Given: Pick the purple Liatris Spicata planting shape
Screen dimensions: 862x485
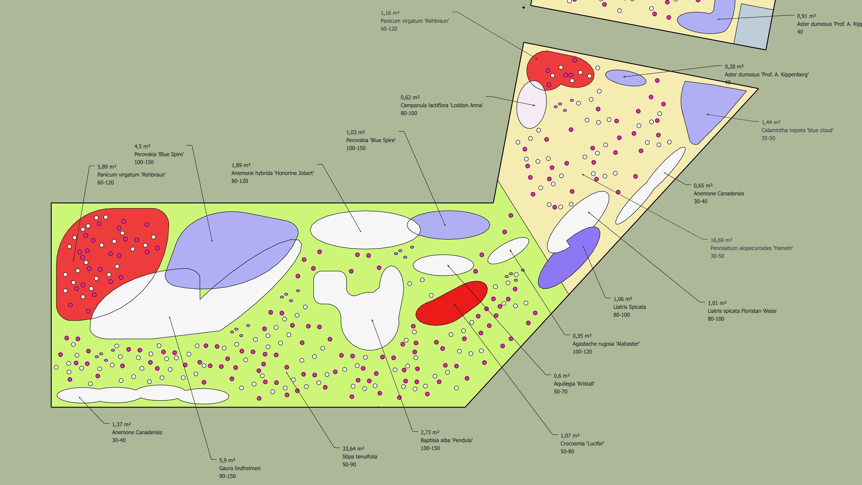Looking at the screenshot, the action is point(569,257).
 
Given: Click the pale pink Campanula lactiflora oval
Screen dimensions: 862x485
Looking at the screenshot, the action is point(531,104).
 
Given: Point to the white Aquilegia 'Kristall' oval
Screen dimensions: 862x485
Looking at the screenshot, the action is point(443,265).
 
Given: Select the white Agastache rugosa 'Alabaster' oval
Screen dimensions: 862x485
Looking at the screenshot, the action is point(508,251).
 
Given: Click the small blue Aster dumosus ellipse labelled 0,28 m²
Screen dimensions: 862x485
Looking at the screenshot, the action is point(625,78).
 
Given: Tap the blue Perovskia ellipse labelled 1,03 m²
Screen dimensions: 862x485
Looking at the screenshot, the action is point(448,225).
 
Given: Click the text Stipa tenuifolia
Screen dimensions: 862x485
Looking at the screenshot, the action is point(359,457).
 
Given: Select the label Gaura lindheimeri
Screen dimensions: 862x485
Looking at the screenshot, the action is point(240,468).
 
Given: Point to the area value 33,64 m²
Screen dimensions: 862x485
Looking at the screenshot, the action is point(353,448).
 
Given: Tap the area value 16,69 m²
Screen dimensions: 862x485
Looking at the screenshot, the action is point(721,240).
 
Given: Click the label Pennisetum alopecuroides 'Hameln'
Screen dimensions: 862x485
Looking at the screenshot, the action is point(752,248).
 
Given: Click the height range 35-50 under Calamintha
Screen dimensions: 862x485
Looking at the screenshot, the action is point(768,138).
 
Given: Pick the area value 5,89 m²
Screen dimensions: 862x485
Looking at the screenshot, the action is point(107,167).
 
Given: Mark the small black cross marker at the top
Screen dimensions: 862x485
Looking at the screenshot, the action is point(524,7).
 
